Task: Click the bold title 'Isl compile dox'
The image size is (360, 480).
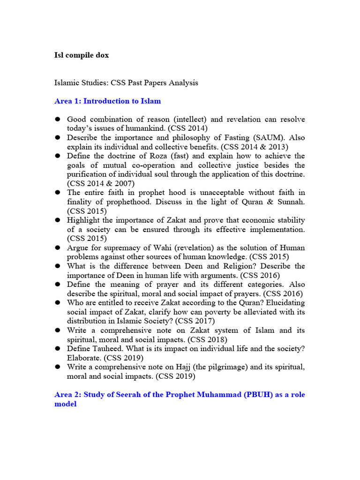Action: (82, 55)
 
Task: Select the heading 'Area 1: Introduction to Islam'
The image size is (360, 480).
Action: (108, 101)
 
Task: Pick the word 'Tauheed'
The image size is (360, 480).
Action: (106, 348)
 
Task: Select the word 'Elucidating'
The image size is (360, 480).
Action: (284, 302)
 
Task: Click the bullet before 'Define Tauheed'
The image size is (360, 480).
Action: (58, 349)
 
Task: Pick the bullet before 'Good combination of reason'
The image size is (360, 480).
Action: (58, 119)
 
